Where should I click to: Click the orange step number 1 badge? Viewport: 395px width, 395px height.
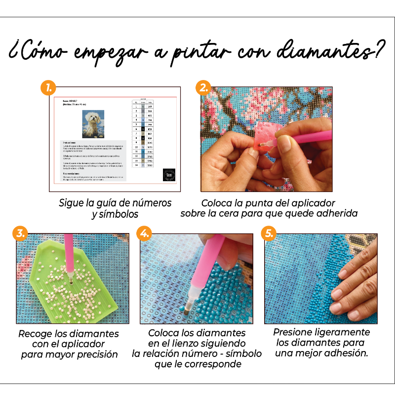click(48, 89)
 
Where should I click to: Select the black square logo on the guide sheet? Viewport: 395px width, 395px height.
click(168, 175)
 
